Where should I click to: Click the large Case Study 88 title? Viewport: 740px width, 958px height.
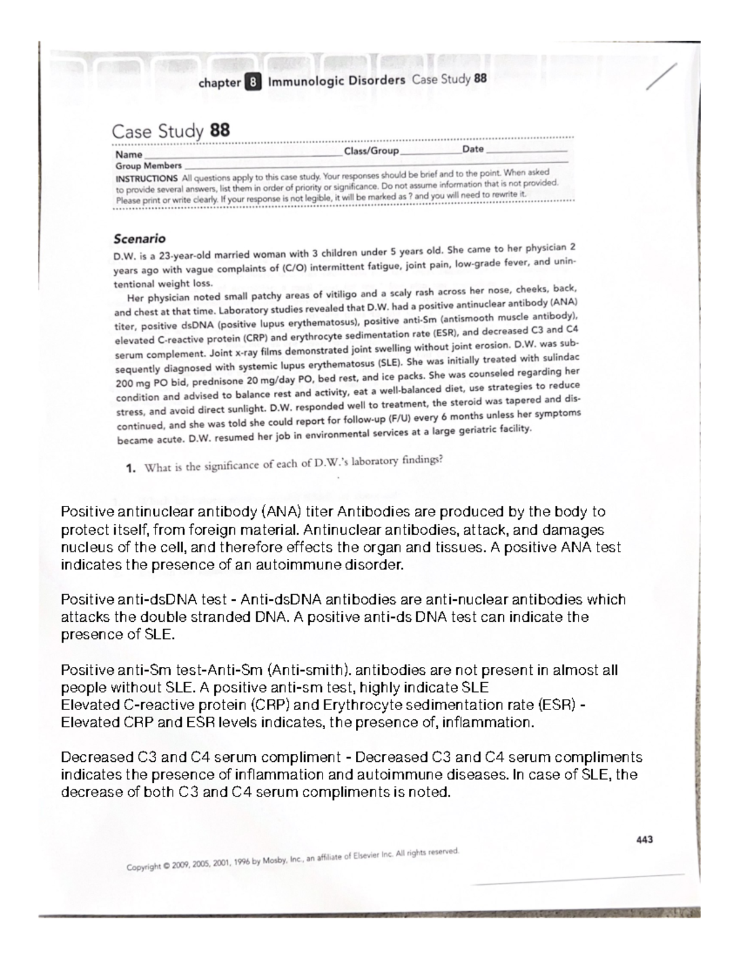point(170,131)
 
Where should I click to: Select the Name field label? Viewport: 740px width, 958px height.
point(128,155)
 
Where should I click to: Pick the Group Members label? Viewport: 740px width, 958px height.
point(149,166)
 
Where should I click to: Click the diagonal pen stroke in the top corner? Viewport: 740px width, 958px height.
point(661,76)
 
